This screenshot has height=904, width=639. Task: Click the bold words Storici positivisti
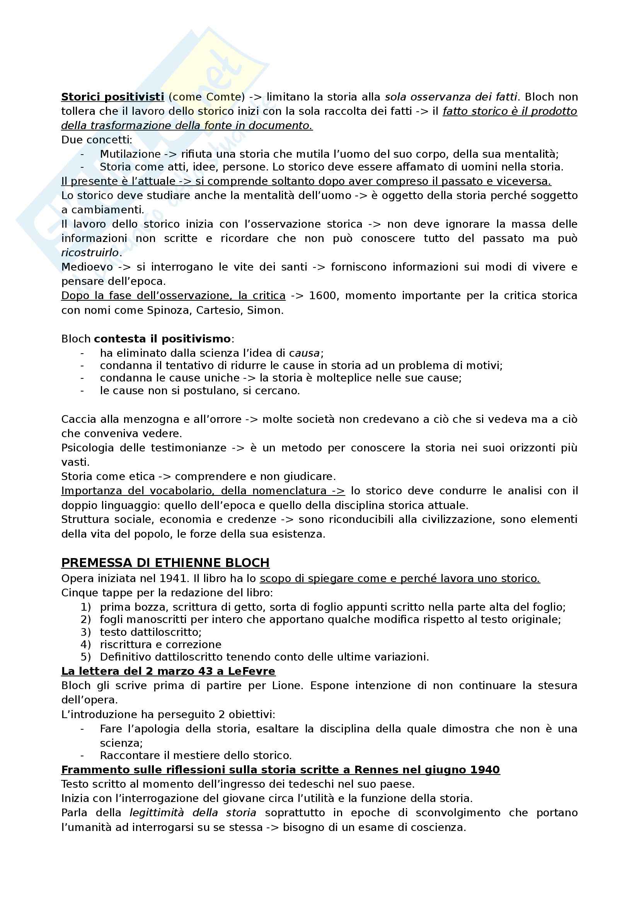[x=112, y=97]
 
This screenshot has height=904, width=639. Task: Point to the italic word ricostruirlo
[x=90, y=252]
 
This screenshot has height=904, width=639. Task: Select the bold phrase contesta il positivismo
[x=162, y=339]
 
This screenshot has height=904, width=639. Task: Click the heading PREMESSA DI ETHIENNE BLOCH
[x=165, y=563]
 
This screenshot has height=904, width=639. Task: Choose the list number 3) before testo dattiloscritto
[x=86, y=632]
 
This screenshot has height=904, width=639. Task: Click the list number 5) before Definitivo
[x=86, y=657]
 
